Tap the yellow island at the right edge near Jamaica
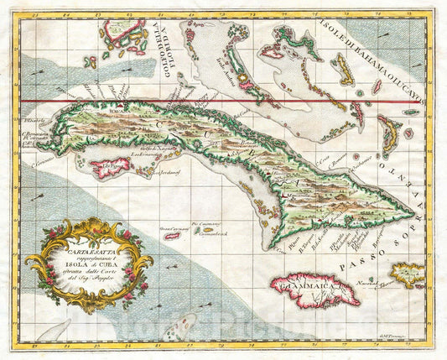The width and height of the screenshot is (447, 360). coord(408,274)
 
